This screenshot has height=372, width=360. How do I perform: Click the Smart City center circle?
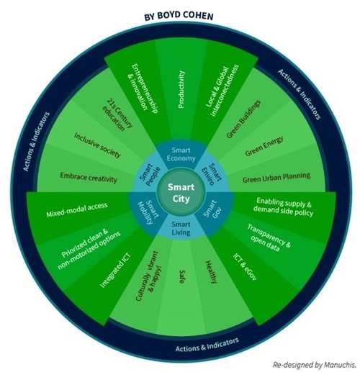pos(181,192)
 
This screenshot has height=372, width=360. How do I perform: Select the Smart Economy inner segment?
pos(181,155)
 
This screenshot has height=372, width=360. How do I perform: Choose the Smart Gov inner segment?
pos(215,211)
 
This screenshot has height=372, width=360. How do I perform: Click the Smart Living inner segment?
pos(181,228)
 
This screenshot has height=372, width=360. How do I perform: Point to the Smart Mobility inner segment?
pos(147,211)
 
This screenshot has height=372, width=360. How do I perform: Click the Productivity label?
pos(181,89)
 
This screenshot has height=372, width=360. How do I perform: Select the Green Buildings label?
pos(243,119)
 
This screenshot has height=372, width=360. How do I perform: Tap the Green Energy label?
pos(264,146)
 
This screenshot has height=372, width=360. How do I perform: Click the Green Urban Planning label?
pos(276,178)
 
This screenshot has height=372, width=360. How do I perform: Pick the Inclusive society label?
pos(97,145)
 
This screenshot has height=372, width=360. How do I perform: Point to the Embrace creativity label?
pos(89,178)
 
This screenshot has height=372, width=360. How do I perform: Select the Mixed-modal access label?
pos(77,210)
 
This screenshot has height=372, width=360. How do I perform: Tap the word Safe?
pos(182,276)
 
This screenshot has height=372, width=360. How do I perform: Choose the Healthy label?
pos(211,272)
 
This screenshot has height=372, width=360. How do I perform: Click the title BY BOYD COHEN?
pos(179,16)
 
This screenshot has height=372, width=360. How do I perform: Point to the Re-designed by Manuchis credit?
pos(315,365)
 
